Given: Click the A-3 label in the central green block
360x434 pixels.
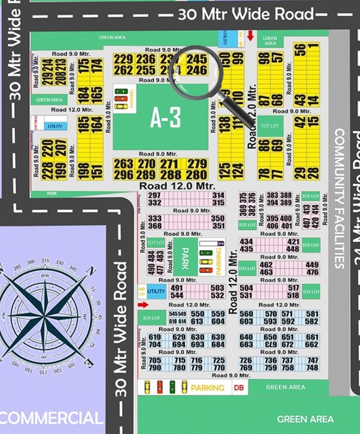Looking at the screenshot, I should [165, 118].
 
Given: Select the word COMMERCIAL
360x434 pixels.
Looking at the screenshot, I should [52, 418].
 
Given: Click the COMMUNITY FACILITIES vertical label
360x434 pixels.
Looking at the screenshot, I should [339, 198].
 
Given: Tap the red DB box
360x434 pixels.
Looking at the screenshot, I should [239, 387].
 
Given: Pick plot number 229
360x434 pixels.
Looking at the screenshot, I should [123, 59].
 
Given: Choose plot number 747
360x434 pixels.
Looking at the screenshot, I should [312, 361].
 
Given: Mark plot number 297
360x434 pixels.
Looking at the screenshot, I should [155, 195].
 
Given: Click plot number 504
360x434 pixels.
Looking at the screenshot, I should [246, 288].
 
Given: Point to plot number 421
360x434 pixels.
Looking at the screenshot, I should [293, 242].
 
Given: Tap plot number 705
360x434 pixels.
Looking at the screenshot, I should [155, 361].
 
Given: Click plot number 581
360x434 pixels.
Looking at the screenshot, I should [312, 314].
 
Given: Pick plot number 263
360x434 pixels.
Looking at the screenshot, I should [123, 164].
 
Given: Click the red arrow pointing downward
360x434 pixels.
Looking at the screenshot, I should [250, 36].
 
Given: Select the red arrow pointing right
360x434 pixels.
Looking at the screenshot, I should [143, 305].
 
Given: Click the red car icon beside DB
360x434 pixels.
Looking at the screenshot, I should [159, 387].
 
